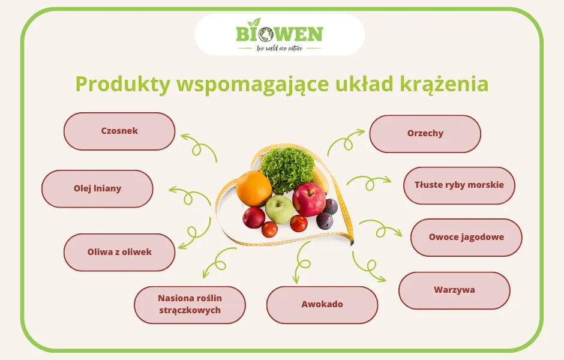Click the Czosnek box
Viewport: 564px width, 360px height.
coord(119,131)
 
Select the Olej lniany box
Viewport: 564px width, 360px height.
coord(97,188)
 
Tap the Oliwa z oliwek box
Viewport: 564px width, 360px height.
coord(119,252)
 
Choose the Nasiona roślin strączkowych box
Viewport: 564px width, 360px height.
coord(190,304)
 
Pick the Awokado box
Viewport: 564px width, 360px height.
coord(322,304)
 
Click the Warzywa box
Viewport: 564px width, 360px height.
coord(454,290)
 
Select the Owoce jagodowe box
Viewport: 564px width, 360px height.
coord(466,237)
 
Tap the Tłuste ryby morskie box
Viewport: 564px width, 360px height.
coord(459,185)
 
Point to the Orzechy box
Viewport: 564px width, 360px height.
coord(425,134)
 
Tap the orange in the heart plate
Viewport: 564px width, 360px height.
coord(253,188)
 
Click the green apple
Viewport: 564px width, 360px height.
coord(279,209)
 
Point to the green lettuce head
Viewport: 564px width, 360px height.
coord(287,170)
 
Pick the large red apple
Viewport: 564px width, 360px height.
coord(309,200)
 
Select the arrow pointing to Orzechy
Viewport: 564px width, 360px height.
coord(346,141)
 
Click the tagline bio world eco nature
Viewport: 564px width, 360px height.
coord(280,48)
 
